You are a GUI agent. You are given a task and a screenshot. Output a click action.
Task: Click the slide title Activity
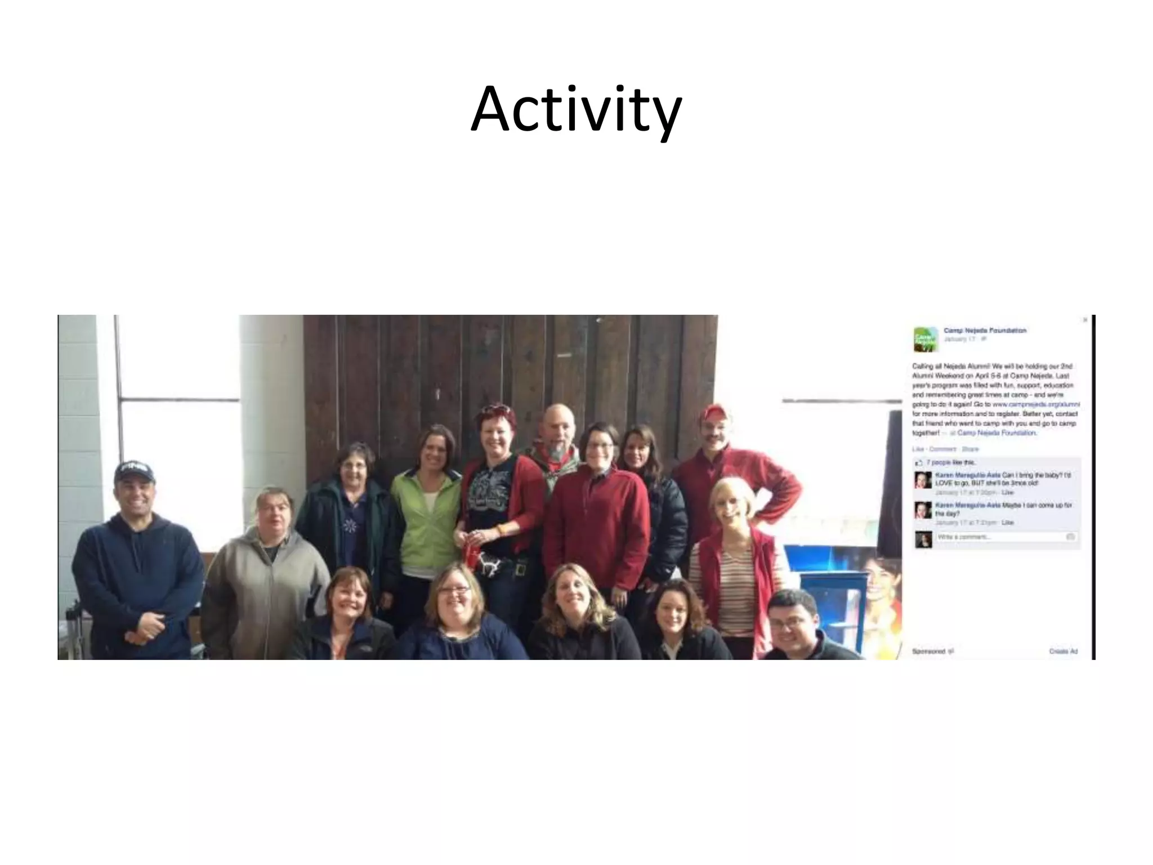[x=576, y=110]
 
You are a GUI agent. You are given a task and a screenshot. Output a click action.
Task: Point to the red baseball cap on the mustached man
[x=713, y=412]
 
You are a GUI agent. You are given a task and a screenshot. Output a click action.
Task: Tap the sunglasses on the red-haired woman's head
[x=495, y=409]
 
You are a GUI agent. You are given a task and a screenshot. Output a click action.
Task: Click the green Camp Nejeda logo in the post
[x=925, y=339]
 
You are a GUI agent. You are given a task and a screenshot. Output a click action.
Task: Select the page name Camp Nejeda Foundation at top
[x=985, y=331]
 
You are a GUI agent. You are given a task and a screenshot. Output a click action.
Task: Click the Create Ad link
[x=1063, y=652]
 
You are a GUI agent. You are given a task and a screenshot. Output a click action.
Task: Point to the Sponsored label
[x=929, y=652]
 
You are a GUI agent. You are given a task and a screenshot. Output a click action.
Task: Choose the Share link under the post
[x=970, y=449]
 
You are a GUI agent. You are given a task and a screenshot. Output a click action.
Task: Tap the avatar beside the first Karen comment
[x=922, y=480]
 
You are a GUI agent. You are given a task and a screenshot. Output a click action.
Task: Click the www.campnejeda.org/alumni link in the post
[x=1035, y=404]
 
